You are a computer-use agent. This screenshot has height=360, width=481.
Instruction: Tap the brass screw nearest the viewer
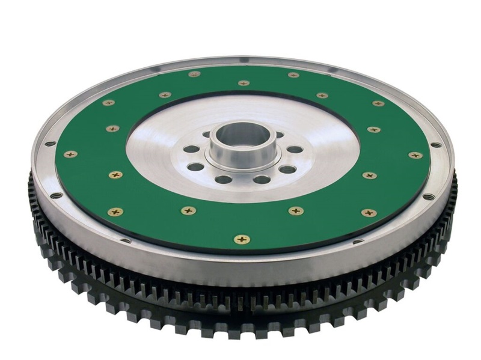tap(242, 239)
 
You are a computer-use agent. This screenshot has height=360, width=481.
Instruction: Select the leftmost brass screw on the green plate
tap(70, 154)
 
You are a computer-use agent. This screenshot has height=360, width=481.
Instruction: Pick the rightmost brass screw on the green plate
tap(415, 155)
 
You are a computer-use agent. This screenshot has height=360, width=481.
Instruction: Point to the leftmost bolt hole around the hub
tap(191, 148)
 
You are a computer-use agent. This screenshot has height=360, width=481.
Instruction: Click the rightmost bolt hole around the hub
tap(295, 149)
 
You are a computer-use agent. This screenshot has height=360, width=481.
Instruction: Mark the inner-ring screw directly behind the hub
tap(244, 83)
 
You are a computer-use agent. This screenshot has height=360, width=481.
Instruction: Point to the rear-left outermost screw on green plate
tap(108, 103)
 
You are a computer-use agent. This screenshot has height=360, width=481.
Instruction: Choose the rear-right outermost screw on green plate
tap(378, 103)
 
